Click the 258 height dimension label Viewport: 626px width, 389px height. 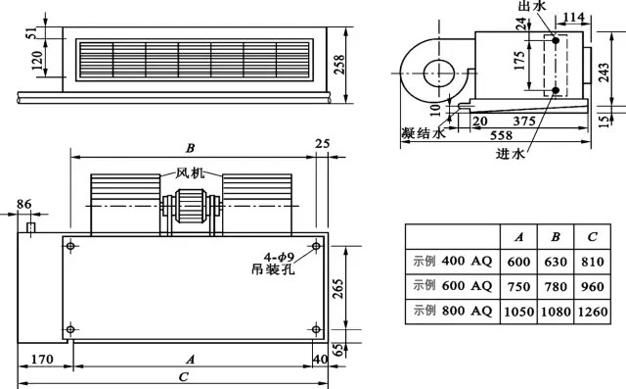pos(339,65)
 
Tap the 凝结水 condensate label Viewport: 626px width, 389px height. pos(423,133)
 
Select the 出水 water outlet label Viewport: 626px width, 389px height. pos(532,6)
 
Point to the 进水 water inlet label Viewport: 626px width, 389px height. pos(511,154)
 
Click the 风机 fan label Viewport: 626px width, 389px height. pos(190,173)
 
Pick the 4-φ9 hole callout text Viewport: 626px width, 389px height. pos(279,257)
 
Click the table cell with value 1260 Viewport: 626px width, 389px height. pos(593,312)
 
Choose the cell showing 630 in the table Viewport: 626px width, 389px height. pos(556,262)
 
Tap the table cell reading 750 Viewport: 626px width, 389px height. pos(518,287)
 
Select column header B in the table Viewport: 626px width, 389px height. pos(556,237)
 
